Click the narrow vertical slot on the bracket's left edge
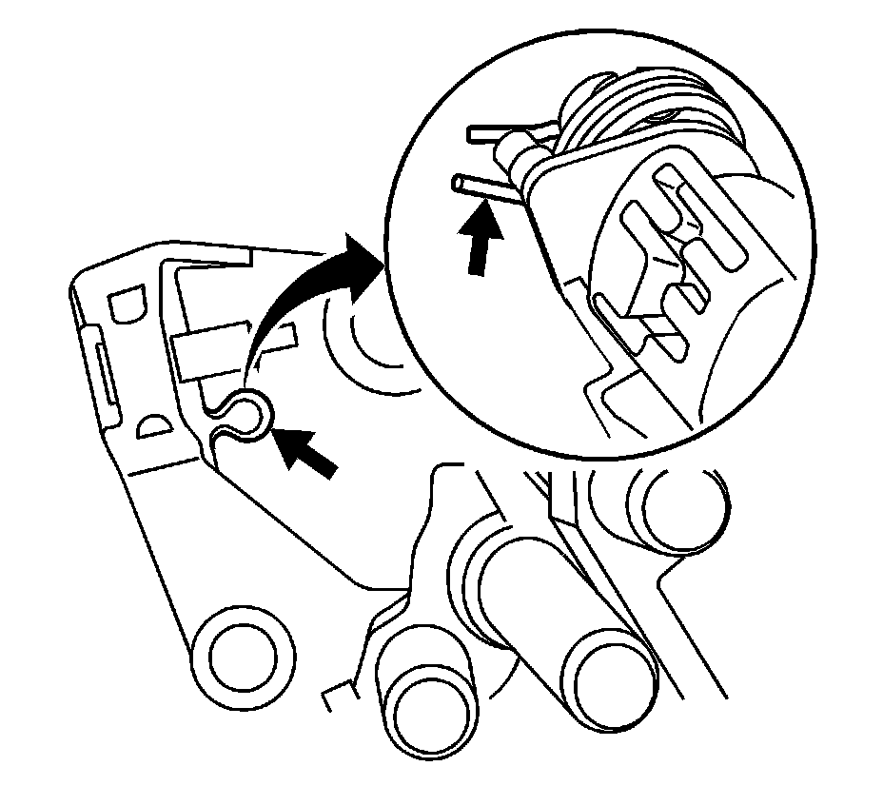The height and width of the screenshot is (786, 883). [103, 372]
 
